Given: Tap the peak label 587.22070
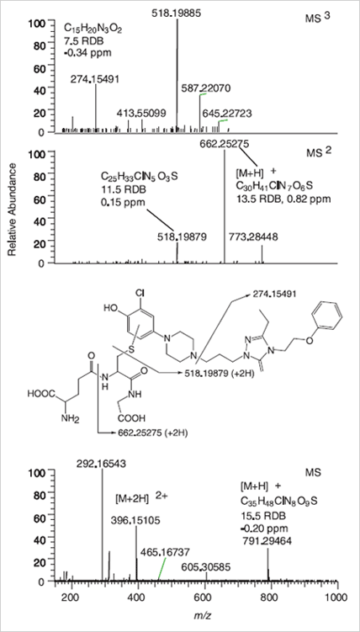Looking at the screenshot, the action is click(x=205, y=88).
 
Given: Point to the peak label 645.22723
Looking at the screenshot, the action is click(x=227, y=114).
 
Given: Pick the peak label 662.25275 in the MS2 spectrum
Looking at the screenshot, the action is click(x=224, y=144).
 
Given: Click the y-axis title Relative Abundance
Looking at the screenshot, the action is click(x=13, y=210).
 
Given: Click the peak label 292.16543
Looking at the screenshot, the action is click(x=102, y=464).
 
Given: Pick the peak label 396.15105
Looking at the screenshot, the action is click(x=135, y=520).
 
